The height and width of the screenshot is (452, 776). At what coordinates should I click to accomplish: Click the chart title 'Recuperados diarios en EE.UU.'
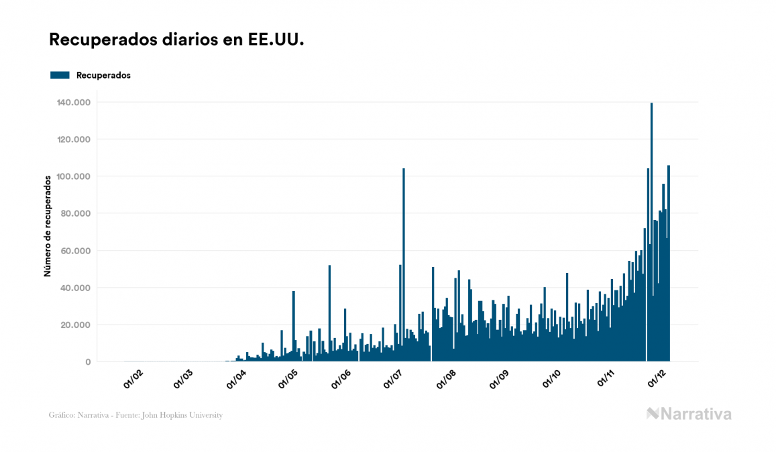pyautogui.click(x=177, y=40)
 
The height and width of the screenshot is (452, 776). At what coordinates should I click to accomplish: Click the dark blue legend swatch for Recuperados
pyautogui.click(x=60, y=75)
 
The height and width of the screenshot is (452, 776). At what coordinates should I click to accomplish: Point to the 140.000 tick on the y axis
pyautogui.click(x=76, y=103)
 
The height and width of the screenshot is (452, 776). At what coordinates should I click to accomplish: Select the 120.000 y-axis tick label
pyautogui.click(x=76, y=139)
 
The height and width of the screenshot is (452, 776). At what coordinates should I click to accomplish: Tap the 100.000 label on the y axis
pyautogui.click(x=76, y=176)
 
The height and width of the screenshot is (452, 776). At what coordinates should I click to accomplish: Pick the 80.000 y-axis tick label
pyautogui.click(x=78, y=214)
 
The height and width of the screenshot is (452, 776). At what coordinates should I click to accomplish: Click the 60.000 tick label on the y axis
pyautogui.click(x=78, y=251)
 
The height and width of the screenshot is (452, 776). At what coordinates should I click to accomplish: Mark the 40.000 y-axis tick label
pyautogui.click(x=78, y=288)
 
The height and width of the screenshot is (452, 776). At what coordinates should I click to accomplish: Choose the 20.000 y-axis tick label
pyautogui.click(x=78, y=325)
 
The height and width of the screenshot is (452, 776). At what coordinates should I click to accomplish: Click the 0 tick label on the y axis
pyautogui.click(x=87, y=362)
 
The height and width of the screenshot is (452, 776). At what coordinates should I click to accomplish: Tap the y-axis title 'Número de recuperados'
pyautogui.click(x=48, y=226)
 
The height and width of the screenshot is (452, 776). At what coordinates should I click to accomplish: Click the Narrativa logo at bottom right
pyautogui.click(x=689, y=414)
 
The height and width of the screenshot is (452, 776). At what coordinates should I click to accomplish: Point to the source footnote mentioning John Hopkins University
pyautogui.click(x=135, y=415)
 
